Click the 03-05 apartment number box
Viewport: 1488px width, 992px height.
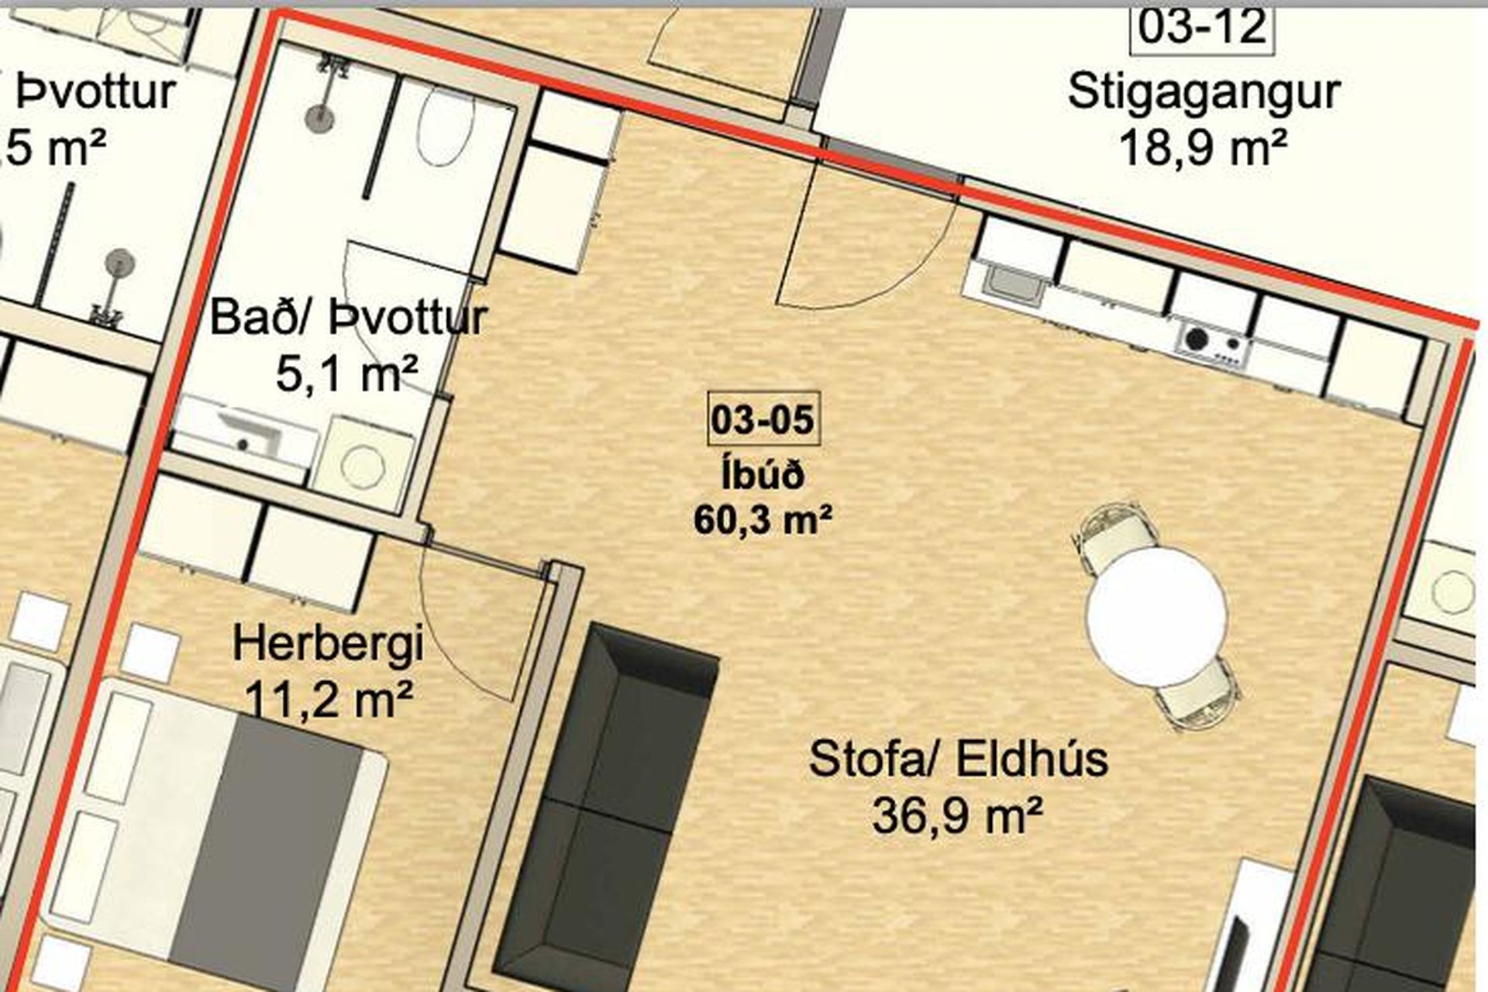pos(763,419)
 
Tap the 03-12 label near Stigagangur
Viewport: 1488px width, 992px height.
pos(1202,27)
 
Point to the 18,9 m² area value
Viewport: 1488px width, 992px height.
pos(1204,147)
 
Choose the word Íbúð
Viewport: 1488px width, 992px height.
pos(763,474)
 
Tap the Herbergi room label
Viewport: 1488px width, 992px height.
pos(328,645)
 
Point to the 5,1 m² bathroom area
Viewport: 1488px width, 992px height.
pos(346,374)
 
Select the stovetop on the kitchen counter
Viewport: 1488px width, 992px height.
pos(1214,342)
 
